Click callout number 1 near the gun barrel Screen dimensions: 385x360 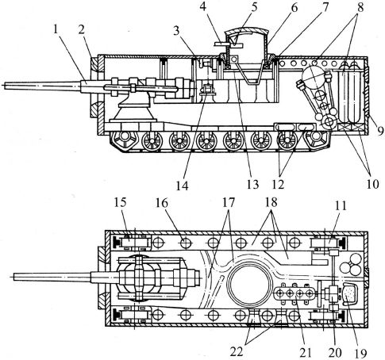[x=55, y=30]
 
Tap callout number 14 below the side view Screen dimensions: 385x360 [x=183, y=186]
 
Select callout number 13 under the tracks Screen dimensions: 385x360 [x=252, y=184]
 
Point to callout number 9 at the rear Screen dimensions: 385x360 [x=380, y=131]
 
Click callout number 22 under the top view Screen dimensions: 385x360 [x=237, y=352]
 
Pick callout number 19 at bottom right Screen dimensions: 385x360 [x=361, y=353]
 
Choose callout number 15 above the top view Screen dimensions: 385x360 [x=121, y=203]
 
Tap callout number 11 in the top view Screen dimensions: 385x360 [x=341, y=205]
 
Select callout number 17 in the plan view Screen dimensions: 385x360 [x=229, y=203]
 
